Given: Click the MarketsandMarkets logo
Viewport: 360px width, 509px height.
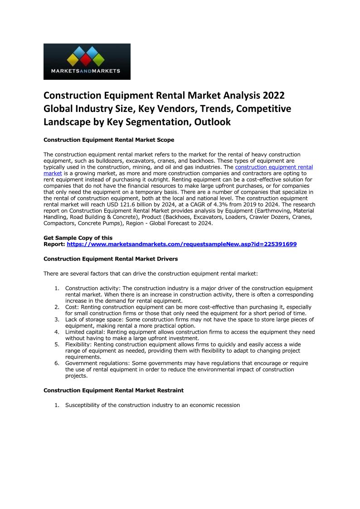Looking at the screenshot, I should pyautogui.click(x=87, y=62).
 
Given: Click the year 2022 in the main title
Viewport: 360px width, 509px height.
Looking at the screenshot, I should pyautogui.click(x=271, y=96).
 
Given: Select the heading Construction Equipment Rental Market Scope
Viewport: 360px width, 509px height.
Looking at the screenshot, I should pyautogui.click(x=109, y=140).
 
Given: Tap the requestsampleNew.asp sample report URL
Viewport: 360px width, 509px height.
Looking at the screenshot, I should pyautogui.click(x=181, y=244).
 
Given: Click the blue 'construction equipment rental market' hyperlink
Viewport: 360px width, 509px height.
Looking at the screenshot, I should pyautogui.click(x=274, y=167).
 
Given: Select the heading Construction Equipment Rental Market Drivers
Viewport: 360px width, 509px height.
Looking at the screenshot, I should pyautogui.click(x=111, y=259).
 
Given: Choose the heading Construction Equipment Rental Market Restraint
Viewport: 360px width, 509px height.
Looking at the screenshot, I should pyautogui.click(x=113, y=390).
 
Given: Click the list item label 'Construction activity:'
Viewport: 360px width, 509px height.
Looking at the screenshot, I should pyautogui.click(x=93, y=288).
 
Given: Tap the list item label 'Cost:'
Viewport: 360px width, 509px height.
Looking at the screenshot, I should pyautogui.click(x=72, y=307).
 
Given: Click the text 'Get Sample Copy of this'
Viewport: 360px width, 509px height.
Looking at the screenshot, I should pyautogui.click(x=78, y=238).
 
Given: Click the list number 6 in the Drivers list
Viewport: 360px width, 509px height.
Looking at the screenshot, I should pyautogui.click(x=57, y=364).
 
